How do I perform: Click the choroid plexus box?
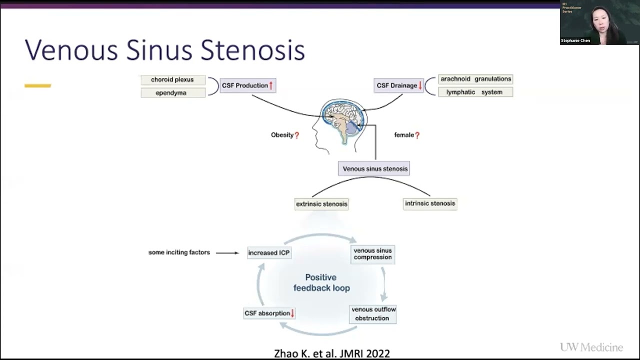172,79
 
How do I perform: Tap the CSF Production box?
247,85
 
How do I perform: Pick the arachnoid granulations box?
475,79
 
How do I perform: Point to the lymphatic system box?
475,92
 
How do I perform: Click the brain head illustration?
342,122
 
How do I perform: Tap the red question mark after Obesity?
297,135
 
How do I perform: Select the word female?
404,135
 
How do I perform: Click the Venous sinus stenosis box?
375,169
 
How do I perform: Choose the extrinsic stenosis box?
321,204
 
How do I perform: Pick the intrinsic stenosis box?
430,203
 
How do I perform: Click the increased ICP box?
269,252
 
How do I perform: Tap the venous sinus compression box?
372,254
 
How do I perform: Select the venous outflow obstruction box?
373,314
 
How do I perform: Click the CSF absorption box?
269,313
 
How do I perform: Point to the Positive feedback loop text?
321,282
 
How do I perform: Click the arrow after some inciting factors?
227,252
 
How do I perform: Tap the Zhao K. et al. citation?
331,353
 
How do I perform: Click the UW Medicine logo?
591,347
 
